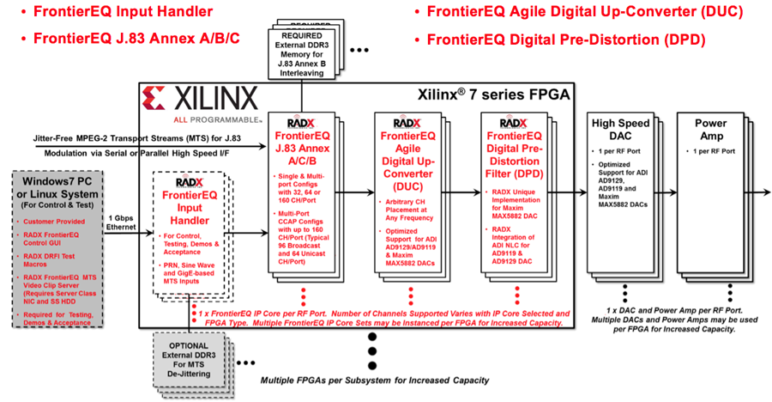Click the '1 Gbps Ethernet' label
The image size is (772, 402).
121,222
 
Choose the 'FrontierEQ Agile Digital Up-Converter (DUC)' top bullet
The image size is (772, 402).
582,13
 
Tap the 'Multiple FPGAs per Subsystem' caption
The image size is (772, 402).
374,380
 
